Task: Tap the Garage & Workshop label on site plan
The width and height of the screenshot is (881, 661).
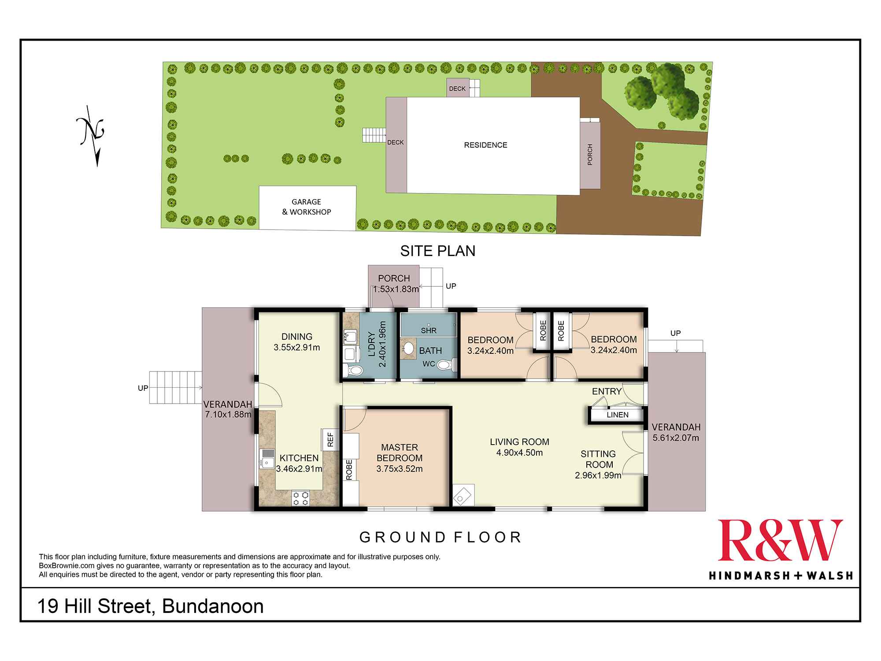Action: point(307,207)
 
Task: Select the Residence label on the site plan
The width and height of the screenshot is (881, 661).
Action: point(485,145)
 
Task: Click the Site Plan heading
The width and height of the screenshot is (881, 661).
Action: point(438,251)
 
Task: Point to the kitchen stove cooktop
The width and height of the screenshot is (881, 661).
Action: point(300,498)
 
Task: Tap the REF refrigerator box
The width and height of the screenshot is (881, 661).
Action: point(330,439)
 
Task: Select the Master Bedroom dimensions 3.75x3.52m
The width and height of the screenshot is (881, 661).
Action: point(400,469)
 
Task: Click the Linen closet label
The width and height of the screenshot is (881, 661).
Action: point(618,415)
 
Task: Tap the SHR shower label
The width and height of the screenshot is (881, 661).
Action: point(429,330)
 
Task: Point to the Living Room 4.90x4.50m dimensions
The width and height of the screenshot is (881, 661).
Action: point(519,453)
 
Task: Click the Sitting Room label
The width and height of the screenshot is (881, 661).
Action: point(598,459)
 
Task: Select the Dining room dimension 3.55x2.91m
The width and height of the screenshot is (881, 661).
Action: point(297,347)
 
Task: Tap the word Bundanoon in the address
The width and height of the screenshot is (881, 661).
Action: point(213,606)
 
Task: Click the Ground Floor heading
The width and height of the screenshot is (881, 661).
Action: point(440,537)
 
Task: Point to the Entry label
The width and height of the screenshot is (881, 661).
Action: point(607,391)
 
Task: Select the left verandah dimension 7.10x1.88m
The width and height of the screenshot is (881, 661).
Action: point(228,414)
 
